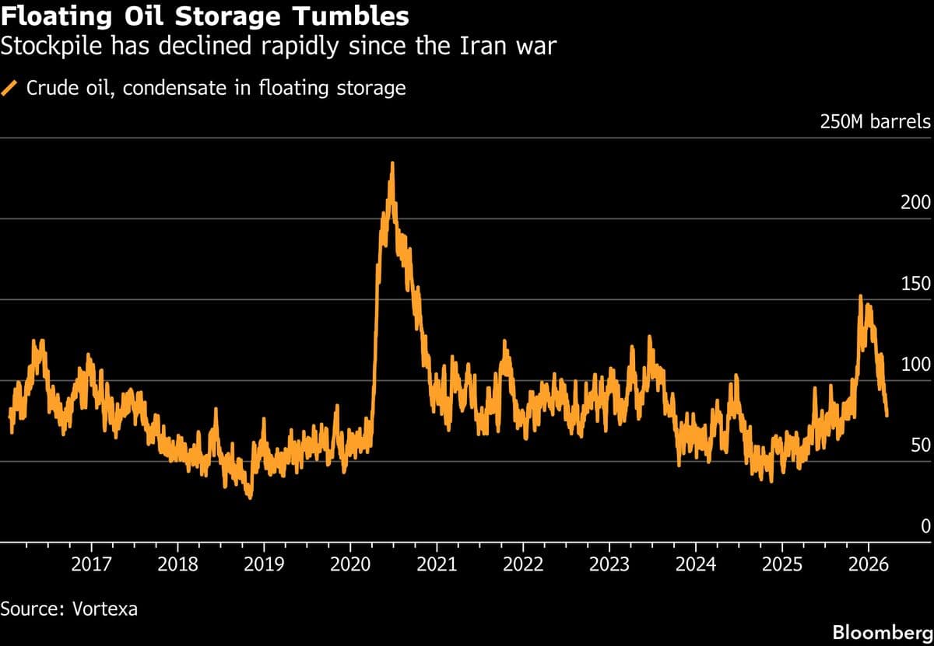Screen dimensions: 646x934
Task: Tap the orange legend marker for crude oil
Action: pos(11,88)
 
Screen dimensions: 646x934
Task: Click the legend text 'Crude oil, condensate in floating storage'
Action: pos(216,88)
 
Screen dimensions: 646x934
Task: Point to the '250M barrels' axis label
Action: pos(875,122)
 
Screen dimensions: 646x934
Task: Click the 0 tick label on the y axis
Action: pos(925,526)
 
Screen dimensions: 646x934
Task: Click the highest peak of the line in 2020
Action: pos(392,163)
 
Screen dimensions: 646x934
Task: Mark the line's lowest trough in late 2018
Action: pos(249,497)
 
